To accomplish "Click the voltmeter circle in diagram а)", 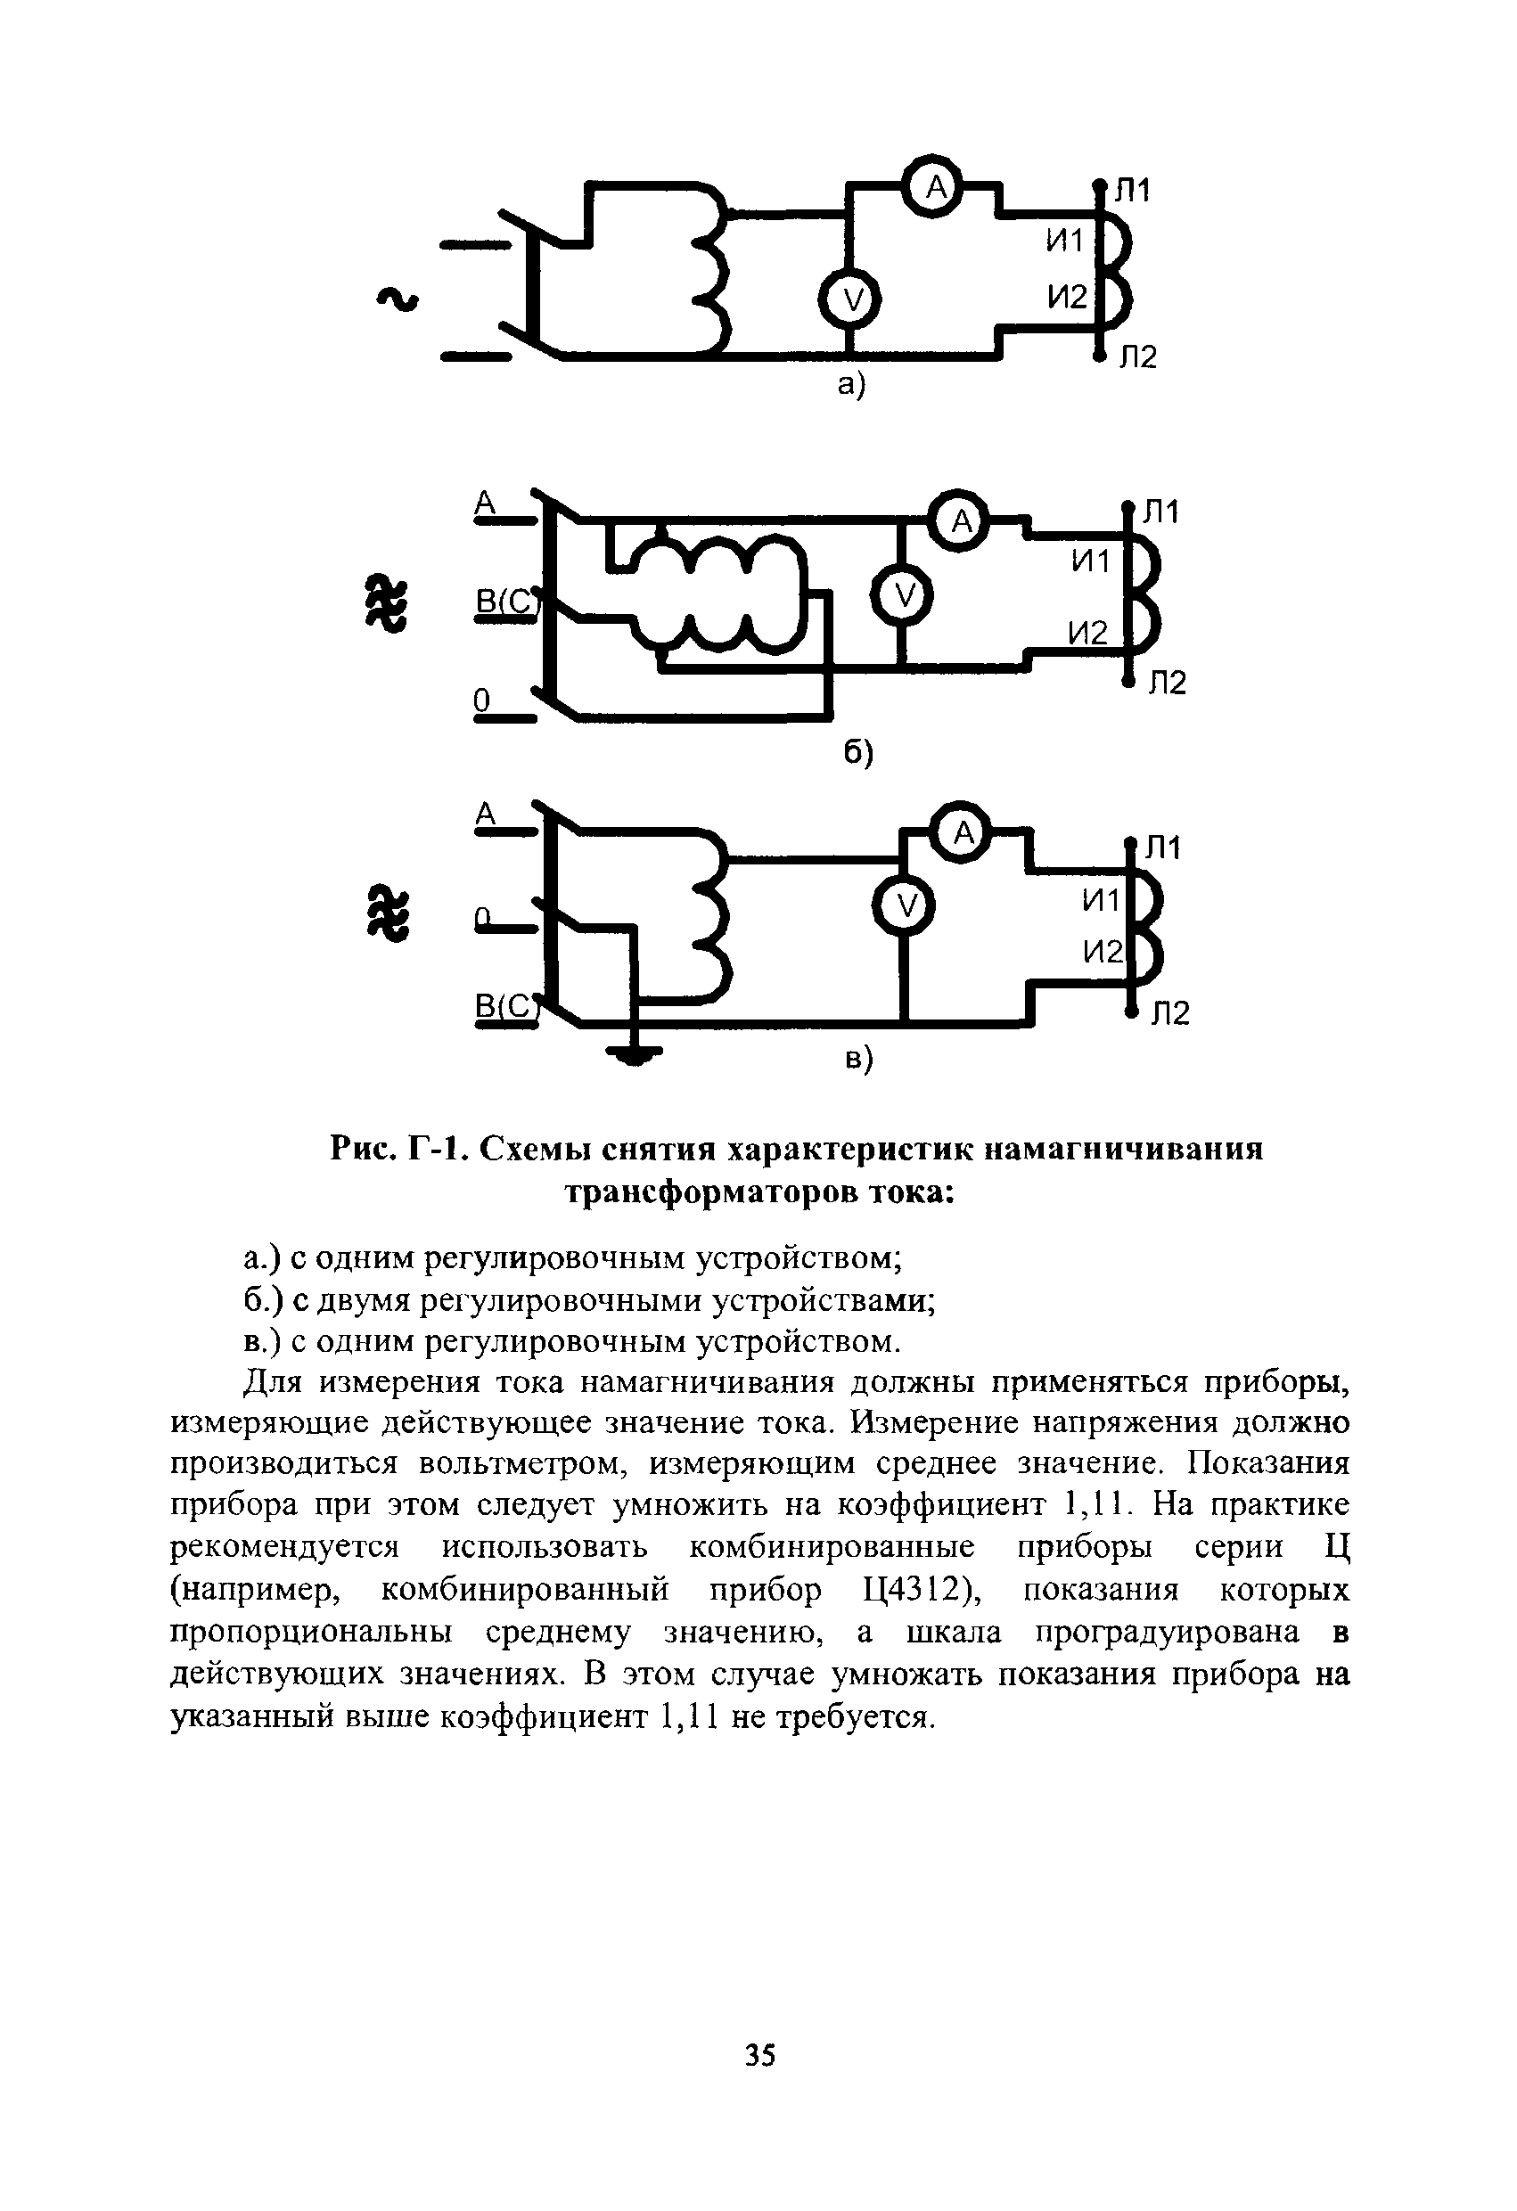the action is click(x=852, y=301).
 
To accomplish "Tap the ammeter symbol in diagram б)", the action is click(x=961, y=520).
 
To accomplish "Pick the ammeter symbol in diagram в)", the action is click(x=962, y=833).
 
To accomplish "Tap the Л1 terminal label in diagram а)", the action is click(x=1133, y=192).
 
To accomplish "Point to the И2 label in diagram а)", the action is click(x=1067, y=298).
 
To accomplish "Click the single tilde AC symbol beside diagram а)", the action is click(x=398, y=299).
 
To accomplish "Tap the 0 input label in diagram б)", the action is click(x=481, y=700).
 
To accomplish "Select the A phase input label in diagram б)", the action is click(x=486, y=503).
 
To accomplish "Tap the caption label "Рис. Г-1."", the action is click(x=398, y=1150).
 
